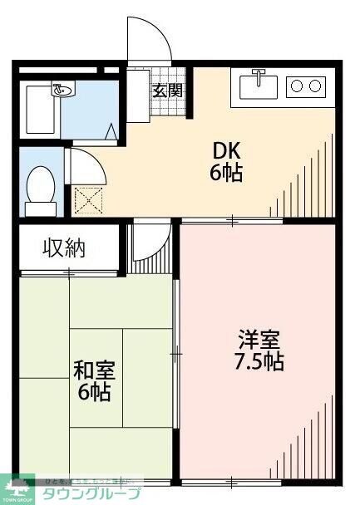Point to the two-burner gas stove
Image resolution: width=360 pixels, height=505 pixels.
coord(305,85)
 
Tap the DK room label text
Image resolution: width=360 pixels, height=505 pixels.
coord(227,151)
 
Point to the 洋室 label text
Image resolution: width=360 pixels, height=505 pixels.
coord(260,340)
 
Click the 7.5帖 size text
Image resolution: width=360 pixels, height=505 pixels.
coord(259,362)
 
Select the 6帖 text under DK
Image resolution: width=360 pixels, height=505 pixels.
coord(227,174)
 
